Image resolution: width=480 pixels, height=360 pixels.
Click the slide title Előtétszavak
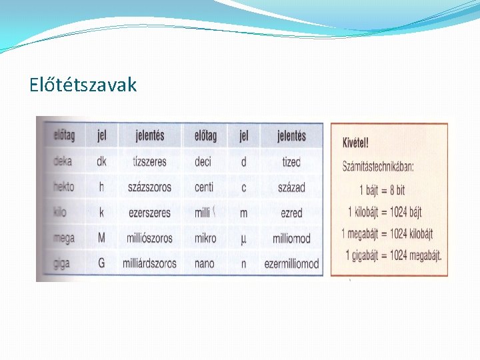pos(83,85)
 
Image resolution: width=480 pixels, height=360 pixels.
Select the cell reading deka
pos(63,161)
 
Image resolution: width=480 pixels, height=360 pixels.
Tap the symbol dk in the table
pos(102,161)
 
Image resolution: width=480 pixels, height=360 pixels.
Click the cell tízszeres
pos(149,161)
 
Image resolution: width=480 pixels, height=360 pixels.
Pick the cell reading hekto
pos(64,187)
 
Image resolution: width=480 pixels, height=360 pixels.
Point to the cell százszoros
pos(150,187)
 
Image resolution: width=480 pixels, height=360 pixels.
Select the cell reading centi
pos(204,187)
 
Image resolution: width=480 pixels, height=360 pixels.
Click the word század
pos(291,187)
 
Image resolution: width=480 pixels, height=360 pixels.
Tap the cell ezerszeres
pos(150,213)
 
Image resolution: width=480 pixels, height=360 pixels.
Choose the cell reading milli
pos(202,213)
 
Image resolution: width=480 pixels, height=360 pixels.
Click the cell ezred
pos(291,213)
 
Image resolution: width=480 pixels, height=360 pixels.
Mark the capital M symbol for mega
pos(101,238)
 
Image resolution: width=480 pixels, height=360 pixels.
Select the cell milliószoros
pos(150,238)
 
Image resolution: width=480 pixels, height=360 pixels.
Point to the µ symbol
pos(243,238)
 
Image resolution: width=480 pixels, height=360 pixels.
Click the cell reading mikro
pos(205,238)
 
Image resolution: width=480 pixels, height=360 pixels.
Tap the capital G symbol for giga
pos(101,263)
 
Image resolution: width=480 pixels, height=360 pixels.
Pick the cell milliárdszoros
pos(150,263)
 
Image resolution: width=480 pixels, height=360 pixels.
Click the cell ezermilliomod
pos(291,264)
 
